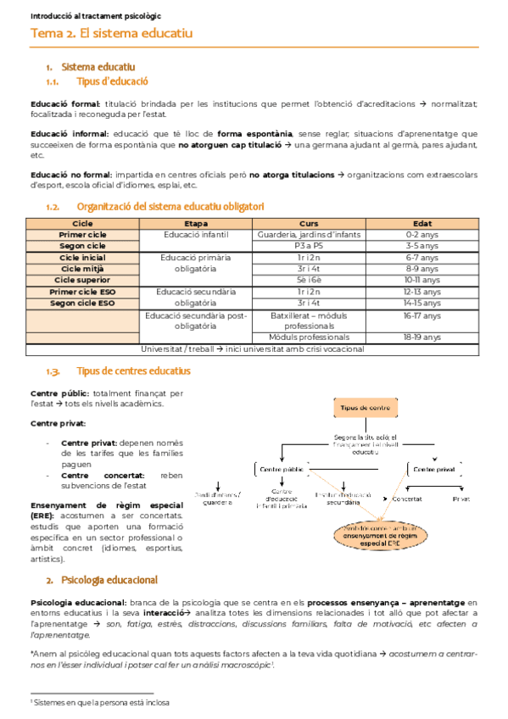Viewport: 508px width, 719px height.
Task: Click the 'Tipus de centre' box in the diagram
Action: (x=365, y=408)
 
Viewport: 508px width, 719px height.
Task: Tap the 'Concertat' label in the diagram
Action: (x=407, y=499)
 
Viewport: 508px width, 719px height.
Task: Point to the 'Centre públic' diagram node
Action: (x=282, y=468)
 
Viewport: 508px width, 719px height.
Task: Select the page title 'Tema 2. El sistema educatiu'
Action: (x=112, y=34)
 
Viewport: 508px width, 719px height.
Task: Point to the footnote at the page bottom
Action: (x=100, y=703)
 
